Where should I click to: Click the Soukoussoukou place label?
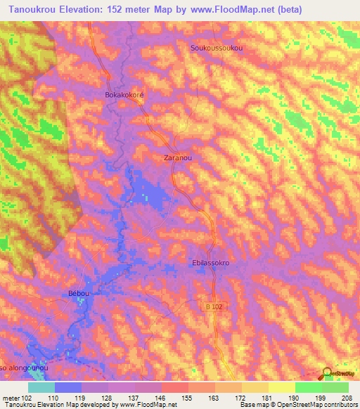[217, 48]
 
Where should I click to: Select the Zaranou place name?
[177, 158]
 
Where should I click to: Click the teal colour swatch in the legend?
[41, 387]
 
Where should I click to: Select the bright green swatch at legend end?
[335, 387]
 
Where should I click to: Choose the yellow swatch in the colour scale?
[282, 387]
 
